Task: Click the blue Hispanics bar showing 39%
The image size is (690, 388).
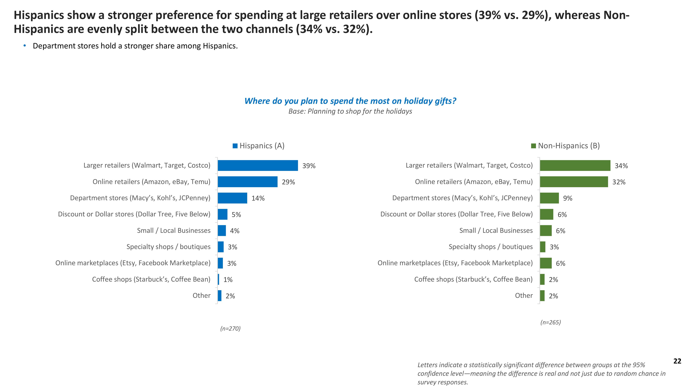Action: coord(258,166)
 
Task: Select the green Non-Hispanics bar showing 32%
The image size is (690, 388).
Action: coord(574,182)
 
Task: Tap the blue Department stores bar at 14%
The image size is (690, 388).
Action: coord(232,198)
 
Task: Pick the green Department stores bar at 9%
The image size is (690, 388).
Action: coord(549,198)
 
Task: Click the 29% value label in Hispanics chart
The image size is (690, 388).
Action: coord(288,182)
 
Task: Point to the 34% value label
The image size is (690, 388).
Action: coord(621,166)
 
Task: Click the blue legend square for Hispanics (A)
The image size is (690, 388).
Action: coord(235,146)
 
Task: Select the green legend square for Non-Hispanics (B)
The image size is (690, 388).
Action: coord(533,146)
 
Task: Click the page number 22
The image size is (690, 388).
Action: coord(677,361)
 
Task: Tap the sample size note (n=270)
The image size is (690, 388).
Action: coord(230,329)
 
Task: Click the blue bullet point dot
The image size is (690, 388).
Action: coord(25,46)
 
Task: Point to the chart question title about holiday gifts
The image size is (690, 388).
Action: coord(350,101)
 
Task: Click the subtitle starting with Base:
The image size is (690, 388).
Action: coord(350,111)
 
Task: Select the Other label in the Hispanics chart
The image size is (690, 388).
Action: coord(201,296)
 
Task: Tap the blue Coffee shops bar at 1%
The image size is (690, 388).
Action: coord(219,279)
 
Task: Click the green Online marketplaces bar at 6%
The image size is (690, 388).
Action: coord(546,263)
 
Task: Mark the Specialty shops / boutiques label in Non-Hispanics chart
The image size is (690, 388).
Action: coord(490,247)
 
